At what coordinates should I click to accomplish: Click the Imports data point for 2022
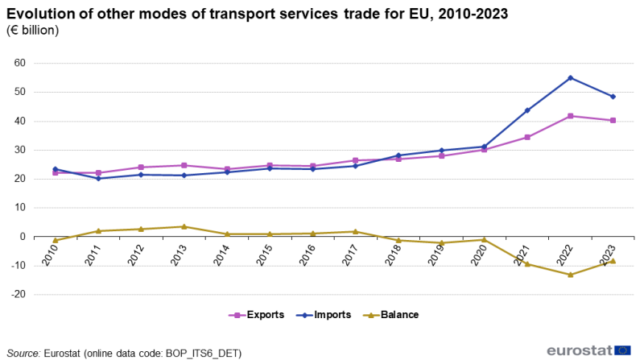(570, 78)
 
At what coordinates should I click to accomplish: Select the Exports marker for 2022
(570, 116)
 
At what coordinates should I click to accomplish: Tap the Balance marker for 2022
(570, 275)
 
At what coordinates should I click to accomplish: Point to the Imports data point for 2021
(527, 110)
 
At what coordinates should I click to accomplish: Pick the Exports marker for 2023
(613, 121)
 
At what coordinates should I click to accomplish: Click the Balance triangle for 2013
(184, 226)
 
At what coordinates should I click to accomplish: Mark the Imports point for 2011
(98, 178)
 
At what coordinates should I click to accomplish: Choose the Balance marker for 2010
(56, 240)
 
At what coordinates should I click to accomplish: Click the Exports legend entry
(256, 315)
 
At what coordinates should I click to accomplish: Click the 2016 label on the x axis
(308, 254)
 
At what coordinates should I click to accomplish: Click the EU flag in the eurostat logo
(623, 350)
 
